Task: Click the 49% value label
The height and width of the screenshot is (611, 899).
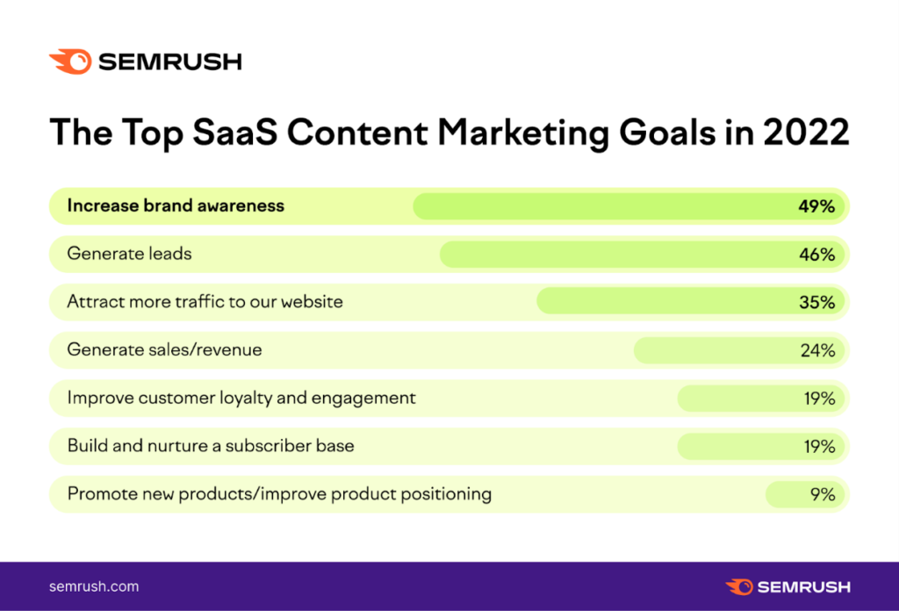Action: pos(816,206)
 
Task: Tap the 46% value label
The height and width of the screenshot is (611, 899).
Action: pos(817,255)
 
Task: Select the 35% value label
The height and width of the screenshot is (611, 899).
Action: pos(817,302)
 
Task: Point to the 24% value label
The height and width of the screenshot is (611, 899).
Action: pos(817,350)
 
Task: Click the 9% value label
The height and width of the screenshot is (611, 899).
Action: pos(823,494)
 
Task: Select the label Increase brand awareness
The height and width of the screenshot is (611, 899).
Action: pos(176,205)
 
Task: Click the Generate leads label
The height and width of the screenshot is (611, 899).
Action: pos(130,254)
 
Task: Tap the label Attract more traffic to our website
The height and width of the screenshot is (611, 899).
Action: pos(205,301)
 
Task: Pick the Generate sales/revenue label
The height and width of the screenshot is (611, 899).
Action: pos(164,349)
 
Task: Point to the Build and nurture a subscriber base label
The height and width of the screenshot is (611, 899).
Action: pos(211,446)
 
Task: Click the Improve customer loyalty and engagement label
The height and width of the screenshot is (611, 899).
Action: pos(241,399)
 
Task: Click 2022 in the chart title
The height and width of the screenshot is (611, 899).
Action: pos(806,133)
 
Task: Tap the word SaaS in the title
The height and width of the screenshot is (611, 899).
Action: pos(235,133)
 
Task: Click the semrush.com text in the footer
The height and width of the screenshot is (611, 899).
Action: pos(94,586)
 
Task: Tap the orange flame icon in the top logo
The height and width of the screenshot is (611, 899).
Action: pos(70,62)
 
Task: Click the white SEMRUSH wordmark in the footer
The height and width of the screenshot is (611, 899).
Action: pos(804,587)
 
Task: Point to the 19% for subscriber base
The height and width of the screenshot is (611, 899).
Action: pos(819,447)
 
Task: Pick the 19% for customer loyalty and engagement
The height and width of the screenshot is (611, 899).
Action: pos(819,399)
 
